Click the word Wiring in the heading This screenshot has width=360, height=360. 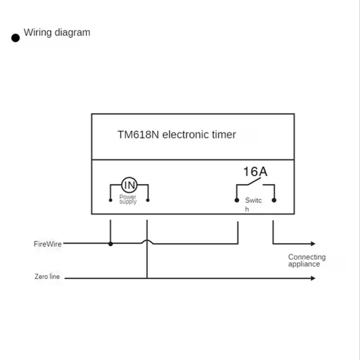[x=37, y=32]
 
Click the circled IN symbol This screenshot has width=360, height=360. [x=129, y=185]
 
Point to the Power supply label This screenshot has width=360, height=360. [x=128, y=199]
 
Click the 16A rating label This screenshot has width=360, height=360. [x=255, y=172]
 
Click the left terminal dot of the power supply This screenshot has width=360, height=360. [x=110, y=201]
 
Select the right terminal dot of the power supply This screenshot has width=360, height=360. [x=147, y=201]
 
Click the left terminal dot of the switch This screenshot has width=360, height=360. [x=237, y=200]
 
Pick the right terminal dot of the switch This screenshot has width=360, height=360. [x=274, y=200]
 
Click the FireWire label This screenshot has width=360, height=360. [x=48, y=244]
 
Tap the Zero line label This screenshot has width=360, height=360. [x=47, y=276]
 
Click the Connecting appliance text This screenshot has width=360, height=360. [x=306, y=260]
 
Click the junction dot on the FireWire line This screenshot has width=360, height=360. [x=110, y=244]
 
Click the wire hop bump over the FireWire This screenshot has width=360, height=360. [x=147, y=242]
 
